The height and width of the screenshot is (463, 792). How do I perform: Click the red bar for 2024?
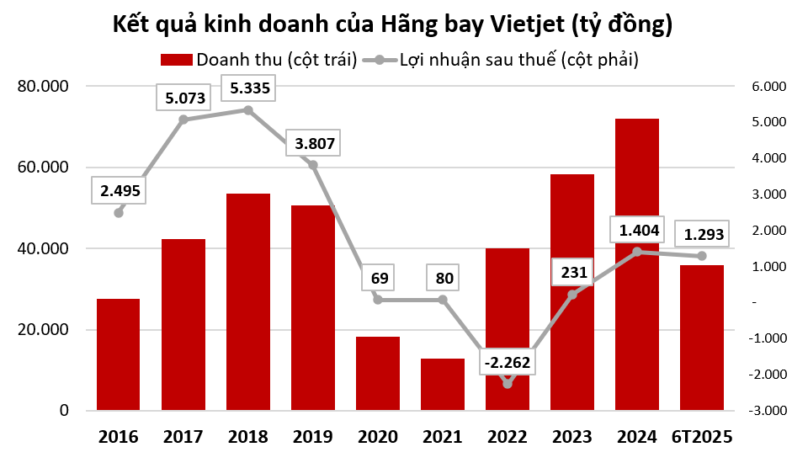point(636,264)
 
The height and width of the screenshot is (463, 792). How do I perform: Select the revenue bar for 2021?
point(442,385)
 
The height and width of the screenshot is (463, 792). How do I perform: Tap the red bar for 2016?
point(118,354)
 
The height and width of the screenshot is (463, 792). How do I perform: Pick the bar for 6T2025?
point(701,338)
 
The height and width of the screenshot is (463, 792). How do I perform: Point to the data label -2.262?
point(507,363)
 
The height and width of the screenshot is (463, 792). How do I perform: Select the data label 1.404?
point(637,230)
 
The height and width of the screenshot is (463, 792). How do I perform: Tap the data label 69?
point(378,277)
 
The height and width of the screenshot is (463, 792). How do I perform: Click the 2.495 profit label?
point(120,191)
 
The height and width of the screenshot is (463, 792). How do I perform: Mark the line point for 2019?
point(313,165)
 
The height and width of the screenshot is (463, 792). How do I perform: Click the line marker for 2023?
point(572,295)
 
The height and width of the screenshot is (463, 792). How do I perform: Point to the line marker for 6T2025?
point(702,256)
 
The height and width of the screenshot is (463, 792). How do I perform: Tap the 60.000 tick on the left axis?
point(47,168)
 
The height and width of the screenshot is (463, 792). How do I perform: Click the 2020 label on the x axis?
point(377,437)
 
